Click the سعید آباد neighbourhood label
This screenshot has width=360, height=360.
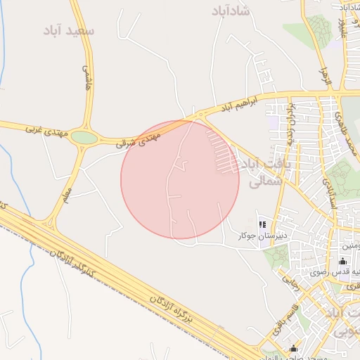68,31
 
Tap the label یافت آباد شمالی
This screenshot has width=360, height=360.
260,172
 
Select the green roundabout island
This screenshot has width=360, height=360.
84,138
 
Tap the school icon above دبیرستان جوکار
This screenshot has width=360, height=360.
262,225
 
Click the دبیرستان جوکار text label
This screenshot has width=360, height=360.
257,237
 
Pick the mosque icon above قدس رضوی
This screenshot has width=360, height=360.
342,261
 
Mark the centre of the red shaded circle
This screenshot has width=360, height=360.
180,179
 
